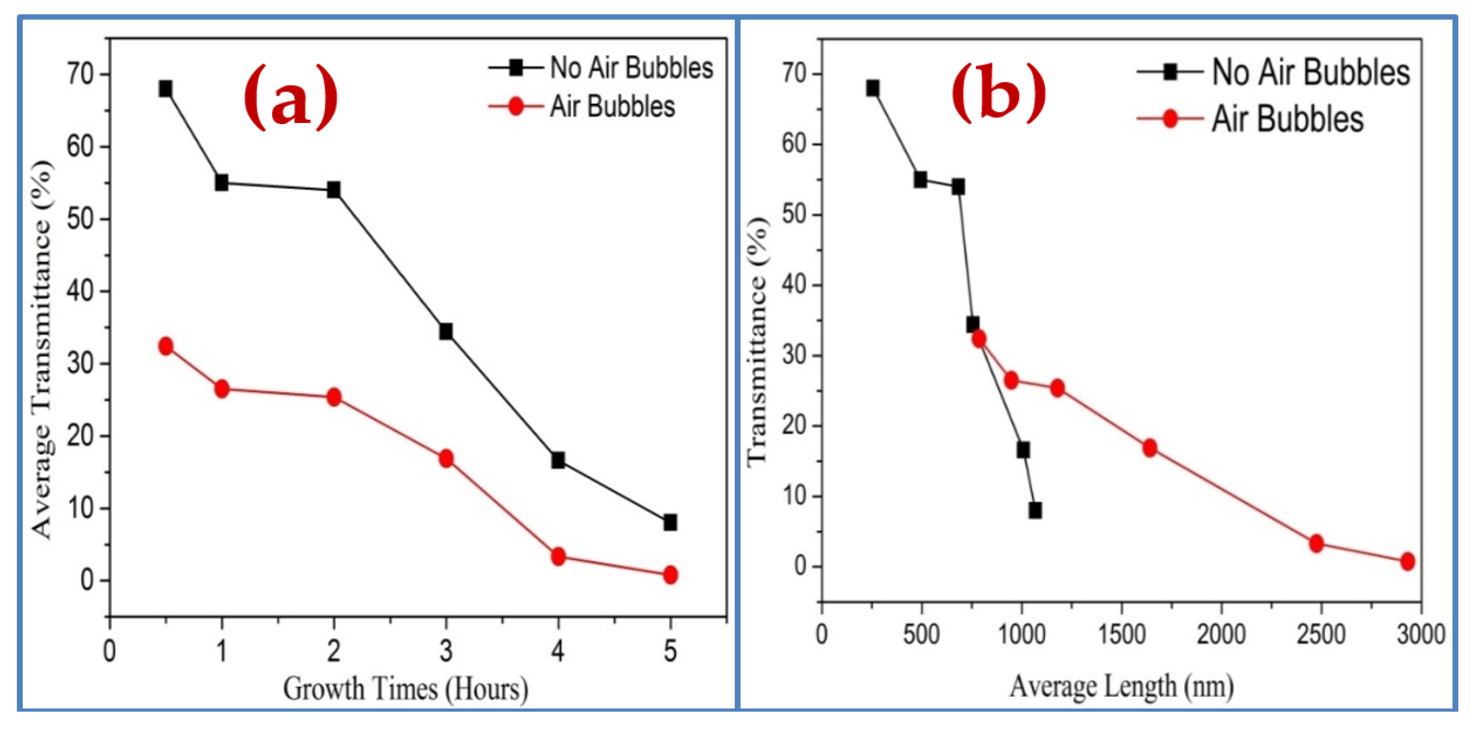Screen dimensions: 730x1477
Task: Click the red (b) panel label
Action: click(x=998, y=93)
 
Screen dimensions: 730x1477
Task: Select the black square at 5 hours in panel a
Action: click(x=669, y=522)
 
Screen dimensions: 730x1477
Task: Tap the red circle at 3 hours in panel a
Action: click(x=446, y=458)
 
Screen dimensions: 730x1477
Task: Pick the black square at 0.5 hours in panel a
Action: click(x=166, y=88)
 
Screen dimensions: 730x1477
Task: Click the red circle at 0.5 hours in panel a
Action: click(x=166, y=346)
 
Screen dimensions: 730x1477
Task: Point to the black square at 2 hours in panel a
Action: click(x=334, y=190)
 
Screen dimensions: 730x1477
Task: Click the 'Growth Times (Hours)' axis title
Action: click(x=405, y=689)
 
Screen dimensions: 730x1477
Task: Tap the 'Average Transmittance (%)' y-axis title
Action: click(x=42, y=350)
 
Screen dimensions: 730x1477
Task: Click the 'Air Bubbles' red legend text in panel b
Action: click(x=1287, y=119)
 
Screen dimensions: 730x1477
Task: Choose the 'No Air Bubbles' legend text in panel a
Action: click(x=631, y=68)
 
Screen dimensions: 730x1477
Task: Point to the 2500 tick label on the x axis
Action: click(x=1321, y=635)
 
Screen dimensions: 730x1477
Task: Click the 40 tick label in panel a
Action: click(x=80, y=291)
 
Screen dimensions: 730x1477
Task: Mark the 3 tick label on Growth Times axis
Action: click(x=446, y=652)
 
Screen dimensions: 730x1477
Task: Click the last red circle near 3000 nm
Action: click(x=1407, y=561)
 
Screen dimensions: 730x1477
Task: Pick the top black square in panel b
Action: click(x=872, y=88)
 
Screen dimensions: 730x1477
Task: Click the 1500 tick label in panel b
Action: click(x=1121, y=635)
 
